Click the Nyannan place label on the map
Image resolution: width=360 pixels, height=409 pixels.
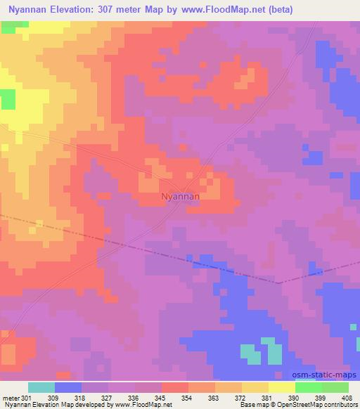pos(180,197)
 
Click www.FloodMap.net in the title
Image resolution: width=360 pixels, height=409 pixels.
pos(219,10)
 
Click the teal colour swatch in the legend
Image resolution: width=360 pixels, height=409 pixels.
pos(41,387)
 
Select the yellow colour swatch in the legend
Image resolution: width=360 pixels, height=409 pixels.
pos(281,387)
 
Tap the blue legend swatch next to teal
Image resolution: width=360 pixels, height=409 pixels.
pos(68,387)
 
